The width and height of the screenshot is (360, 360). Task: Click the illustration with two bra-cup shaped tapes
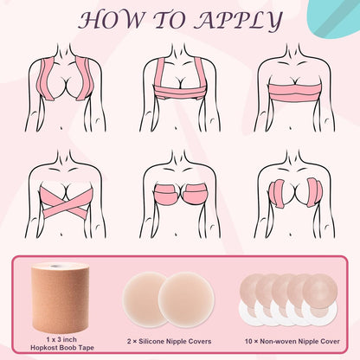point(180,200)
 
